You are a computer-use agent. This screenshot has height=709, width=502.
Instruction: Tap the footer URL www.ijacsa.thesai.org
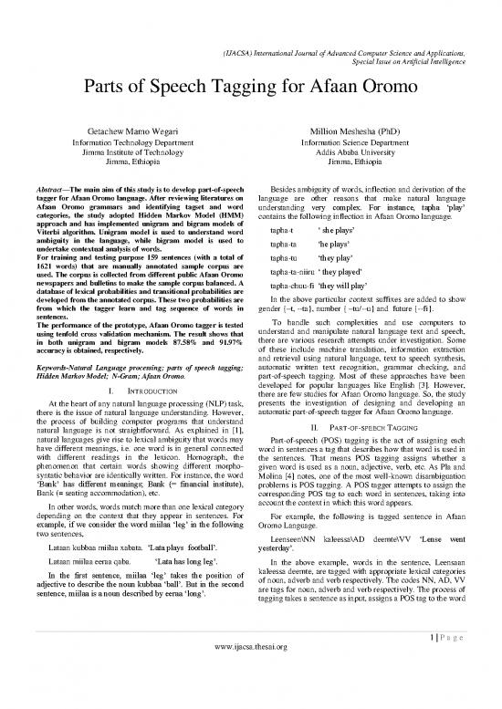point(250,698)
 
